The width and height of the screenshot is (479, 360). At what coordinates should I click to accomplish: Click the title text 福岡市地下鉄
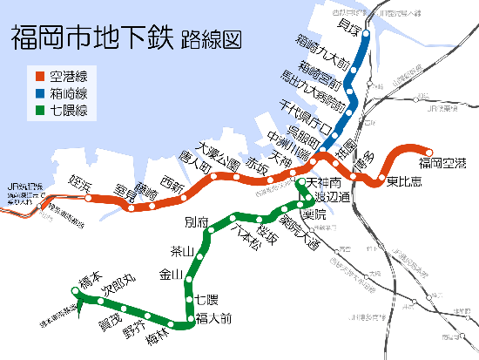91,38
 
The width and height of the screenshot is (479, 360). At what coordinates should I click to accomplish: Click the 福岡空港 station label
442,163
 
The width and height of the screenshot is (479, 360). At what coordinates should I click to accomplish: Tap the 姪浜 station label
81,185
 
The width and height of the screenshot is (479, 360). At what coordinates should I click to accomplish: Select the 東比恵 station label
405,182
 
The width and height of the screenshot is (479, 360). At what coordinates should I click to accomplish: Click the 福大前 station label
213,318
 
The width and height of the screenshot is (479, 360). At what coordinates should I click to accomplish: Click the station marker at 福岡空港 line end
428,149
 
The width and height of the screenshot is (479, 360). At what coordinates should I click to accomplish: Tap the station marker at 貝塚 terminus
367,36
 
